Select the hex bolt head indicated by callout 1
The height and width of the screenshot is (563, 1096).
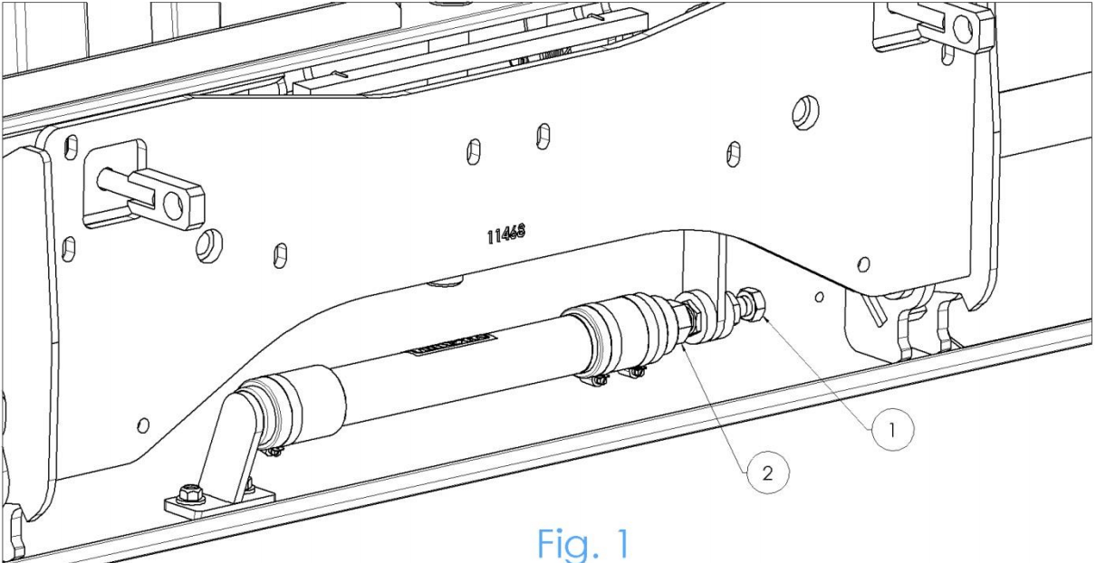(754, 302)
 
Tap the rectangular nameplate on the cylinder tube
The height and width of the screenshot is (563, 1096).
(458, 342)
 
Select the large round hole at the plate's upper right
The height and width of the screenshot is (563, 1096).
(800, 112)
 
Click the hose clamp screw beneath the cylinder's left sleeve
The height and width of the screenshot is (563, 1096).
(268, 446)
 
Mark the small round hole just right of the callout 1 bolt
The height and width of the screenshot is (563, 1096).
(819, 296)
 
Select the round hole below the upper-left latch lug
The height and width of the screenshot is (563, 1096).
(207, 242)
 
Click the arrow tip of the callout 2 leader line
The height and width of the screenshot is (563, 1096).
(684, 348)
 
